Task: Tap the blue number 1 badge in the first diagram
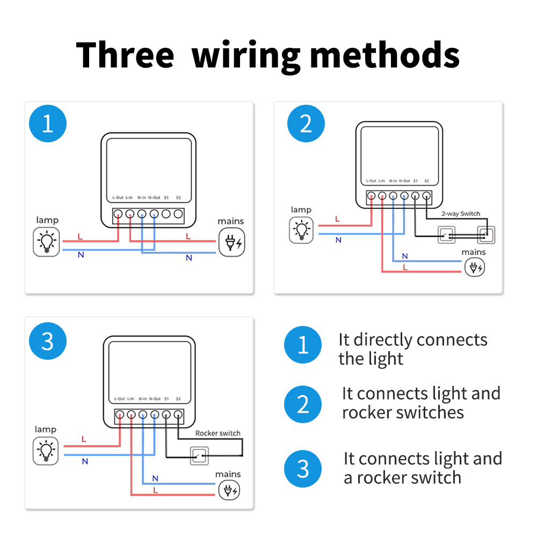pos(47,124)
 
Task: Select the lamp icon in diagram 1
pos(47,241)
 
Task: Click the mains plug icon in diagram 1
pos(231,242)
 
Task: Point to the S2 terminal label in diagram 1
pos(179,198)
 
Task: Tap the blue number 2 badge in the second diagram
pos(306,124)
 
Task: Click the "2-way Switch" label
pos(460,214)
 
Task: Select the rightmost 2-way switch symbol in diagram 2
pos(485,235)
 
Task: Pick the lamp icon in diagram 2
pos(301,230)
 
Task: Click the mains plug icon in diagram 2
pos(474,267)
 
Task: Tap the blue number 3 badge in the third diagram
pos(47,341)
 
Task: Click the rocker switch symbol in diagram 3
pos(199,456)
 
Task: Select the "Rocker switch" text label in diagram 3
pos(218,433)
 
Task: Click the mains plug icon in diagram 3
pos(228,490)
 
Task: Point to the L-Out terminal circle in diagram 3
pos(119,415)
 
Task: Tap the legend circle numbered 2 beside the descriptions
pos(303,403)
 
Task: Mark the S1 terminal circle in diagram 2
pos(416,197)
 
